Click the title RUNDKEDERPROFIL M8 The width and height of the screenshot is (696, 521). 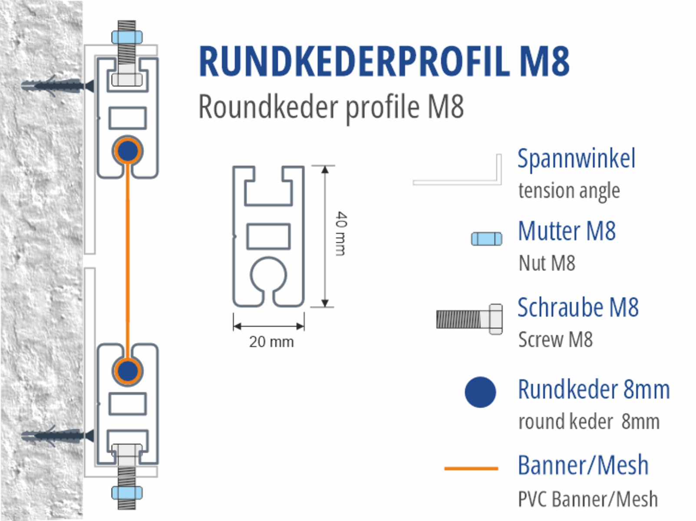pos(384,62)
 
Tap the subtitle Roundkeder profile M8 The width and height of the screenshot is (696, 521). pos(331,107)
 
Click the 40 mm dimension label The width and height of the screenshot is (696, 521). pos(341,234)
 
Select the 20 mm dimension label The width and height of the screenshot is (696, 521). pos(271,342)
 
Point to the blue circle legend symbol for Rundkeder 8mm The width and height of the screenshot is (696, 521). pos(480,392)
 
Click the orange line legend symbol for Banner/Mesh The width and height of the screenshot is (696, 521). pos(471,468)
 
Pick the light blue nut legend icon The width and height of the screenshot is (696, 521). pos(487,239)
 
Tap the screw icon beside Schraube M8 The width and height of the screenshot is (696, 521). pos(469,319)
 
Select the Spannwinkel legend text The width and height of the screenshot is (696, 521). pos(576,159)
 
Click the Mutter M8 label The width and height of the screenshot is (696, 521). pos(567,231)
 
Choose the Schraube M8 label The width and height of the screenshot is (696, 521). pos(578,308)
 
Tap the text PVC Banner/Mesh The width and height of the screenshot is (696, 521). pos(587,499)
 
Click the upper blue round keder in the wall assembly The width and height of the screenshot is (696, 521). pos(128,151)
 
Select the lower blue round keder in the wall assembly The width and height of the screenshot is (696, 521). pos(128,371)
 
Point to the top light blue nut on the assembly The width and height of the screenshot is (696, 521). pos(127,37)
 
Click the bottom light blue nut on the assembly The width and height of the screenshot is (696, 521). pos(127,493)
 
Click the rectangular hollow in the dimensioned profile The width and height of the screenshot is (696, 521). pos(268,236)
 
